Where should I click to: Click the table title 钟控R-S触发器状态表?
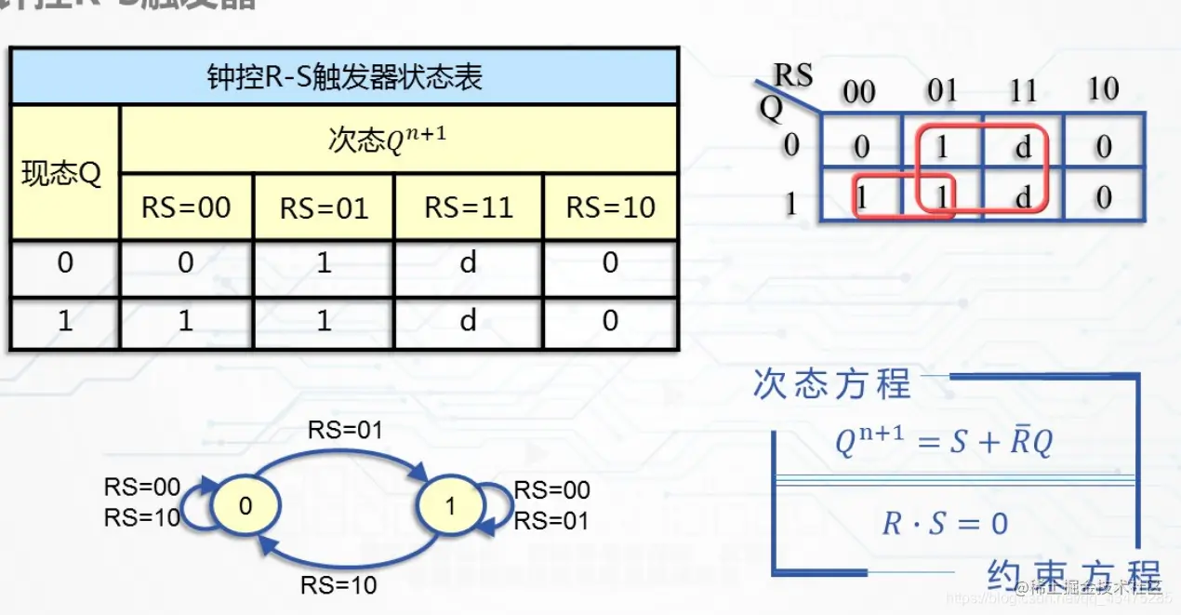coord(344,76)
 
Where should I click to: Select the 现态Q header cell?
coord(63,174)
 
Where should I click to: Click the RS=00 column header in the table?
coord(186,207)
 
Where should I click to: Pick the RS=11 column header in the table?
coord(469,207)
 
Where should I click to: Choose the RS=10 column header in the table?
coord(610,207)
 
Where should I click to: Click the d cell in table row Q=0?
coord(469,263)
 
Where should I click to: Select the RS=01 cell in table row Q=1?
coord(324,321)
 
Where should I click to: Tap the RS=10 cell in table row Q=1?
coord(610,321)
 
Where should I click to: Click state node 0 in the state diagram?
coord(245,505)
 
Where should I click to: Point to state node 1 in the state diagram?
coord(451,505)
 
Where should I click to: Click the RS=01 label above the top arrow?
coord(345,430)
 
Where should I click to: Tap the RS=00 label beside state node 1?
coord(552,490)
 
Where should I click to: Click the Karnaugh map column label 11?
coord(1023,91)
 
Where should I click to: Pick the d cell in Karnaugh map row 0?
coord(1023,146)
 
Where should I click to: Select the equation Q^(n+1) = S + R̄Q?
coord(944,443)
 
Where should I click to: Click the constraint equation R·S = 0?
coord(945,523)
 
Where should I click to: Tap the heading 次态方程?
coord(832,384)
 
